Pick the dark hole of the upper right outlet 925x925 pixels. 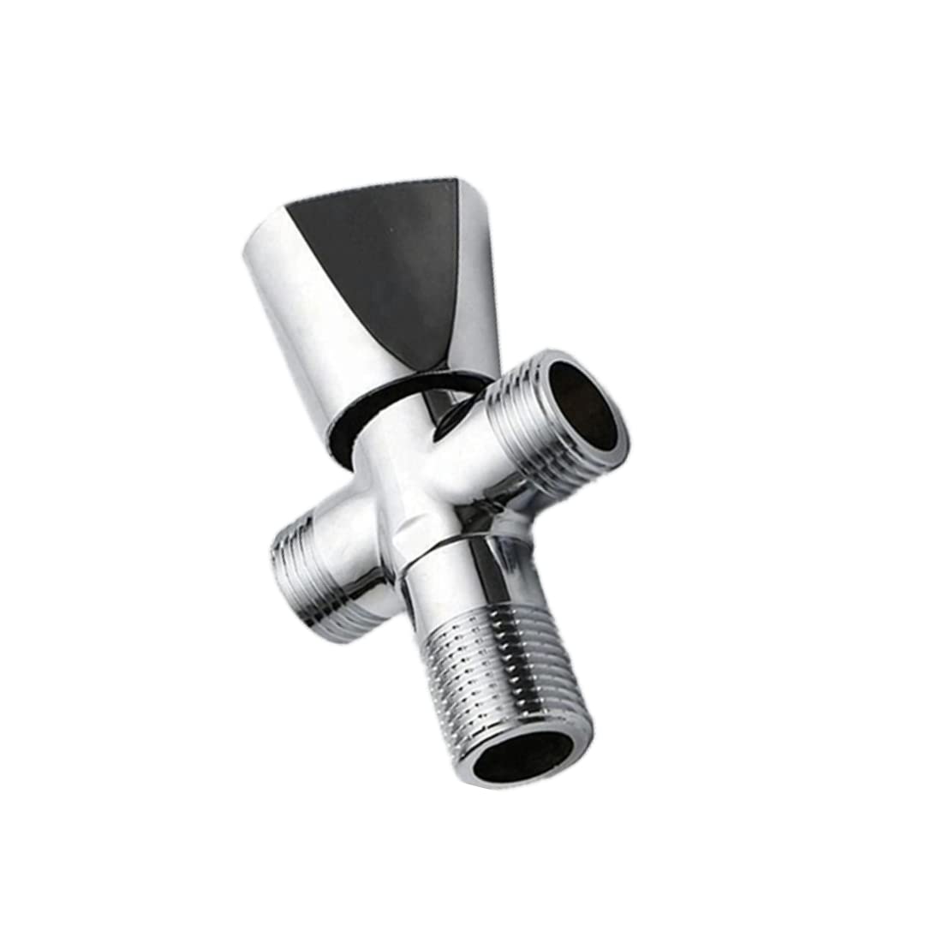click(583, 403)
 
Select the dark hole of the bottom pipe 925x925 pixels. click(524, 754)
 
